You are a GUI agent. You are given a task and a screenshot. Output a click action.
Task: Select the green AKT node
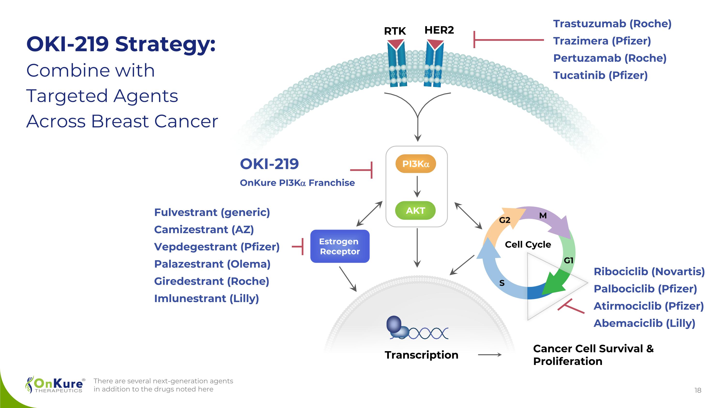[416, 210]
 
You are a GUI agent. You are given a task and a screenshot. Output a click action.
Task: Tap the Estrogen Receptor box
[340, 246]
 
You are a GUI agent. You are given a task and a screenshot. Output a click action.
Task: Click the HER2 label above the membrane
[439, 30]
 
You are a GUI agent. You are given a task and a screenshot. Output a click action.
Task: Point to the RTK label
[395, 31]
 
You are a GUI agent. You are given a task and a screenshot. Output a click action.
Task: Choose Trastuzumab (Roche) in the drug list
[612, 24]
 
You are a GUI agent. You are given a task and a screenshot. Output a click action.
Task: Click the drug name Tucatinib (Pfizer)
[600, 75]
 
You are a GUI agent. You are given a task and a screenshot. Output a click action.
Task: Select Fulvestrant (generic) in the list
[212, 212]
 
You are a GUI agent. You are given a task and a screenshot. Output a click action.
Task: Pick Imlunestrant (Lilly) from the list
[206, 298]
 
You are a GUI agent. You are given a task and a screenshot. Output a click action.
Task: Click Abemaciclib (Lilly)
[644, 323]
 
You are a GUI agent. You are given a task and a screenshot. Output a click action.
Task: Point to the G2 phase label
[505, 220]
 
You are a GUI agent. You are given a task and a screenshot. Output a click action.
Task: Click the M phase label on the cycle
[543, 216]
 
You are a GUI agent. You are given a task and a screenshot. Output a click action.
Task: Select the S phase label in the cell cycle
[502, 283]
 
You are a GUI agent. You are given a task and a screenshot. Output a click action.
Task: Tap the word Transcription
[421, 355]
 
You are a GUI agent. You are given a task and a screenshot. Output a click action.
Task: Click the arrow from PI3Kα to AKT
[417, 186]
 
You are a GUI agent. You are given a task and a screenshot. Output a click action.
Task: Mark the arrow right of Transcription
[490, 355]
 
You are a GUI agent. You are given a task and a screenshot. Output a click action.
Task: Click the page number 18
[698, 390]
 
